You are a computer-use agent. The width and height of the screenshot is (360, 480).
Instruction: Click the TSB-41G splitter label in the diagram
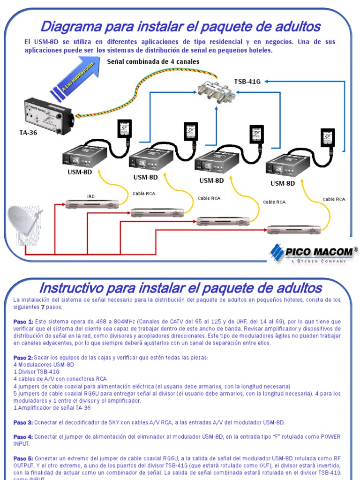[x=247, y=81]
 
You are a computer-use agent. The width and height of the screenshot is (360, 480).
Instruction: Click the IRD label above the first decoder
[x=90, y=196]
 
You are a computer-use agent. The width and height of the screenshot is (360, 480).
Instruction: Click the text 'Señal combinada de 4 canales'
[x=153, y=61]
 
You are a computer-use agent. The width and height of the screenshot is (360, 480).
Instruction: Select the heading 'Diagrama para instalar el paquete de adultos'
[x=180, y=26]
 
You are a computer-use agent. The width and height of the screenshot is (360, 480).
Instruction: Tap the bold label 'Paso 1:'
[x=23, y=322]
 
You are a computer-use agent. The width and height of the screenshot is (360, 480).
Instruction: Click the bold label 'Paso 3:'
[x=23, y=422]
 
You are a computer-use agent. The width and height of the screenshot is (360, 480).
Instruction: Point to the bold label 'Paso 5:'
[x=23, y=457]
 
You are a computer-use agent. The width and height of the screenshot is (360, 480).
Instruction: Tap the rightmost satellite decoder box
[x=293, y=230]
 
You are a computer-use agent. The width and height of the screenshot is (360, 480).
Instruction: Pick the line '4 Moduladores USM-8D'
[x=44, y=365]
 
